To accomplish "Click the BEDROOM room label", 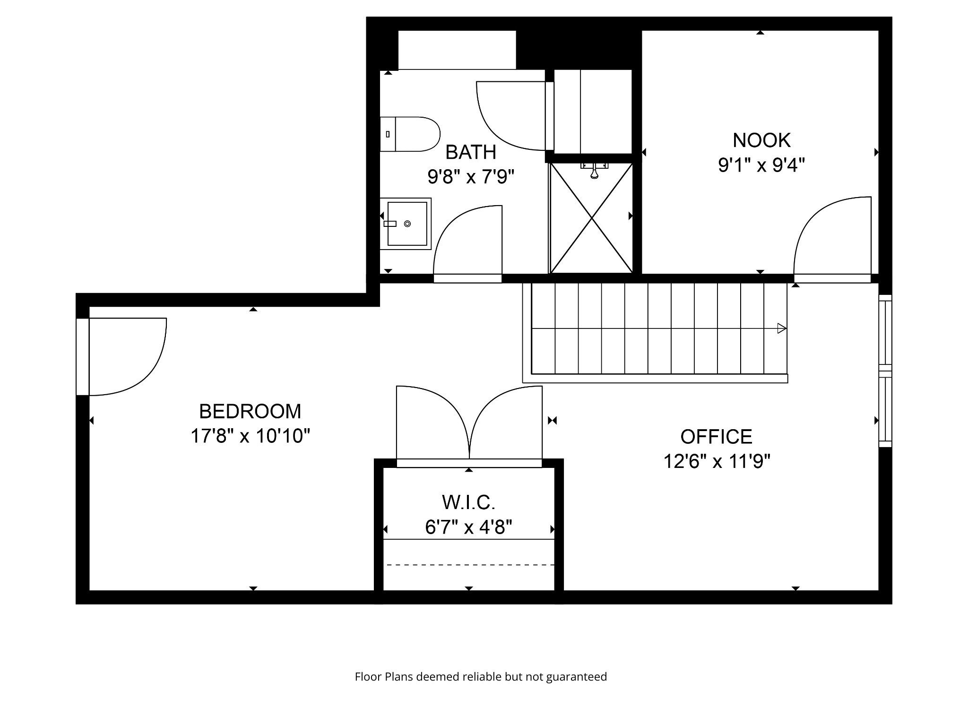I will click(x=250, y=411).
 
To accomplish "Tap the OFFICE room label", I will click(x=716, y=436).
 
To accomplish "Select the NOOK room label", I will click(x=761, y=140).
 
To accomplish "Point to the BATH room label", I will click(x=471, y=152).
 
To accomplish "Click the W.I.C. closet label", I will click(x=468, y=502).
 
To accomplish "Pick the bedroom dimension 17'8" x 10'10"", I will click(x=250, y=436).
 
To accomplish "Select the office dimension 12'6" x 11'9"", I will click(x=717, y=461).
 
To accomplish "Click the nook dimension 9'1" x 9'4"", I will click(x=761, y=165).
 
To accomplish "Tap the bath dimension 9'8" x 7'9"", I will click(x=471, y=177).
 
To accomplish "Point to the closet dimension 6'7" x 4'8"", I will click(x=468, y=527).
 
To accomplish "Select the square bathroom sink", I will click(x=406, y=224).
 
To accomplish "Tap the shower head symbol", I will click(x=595, y=172).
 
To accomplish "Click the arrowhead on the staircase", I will click(x=782, y=328).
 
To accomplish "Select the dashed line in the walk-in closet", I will click(x=470, y=565).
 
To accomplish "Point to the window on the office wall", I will click(x=885, y=371).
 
